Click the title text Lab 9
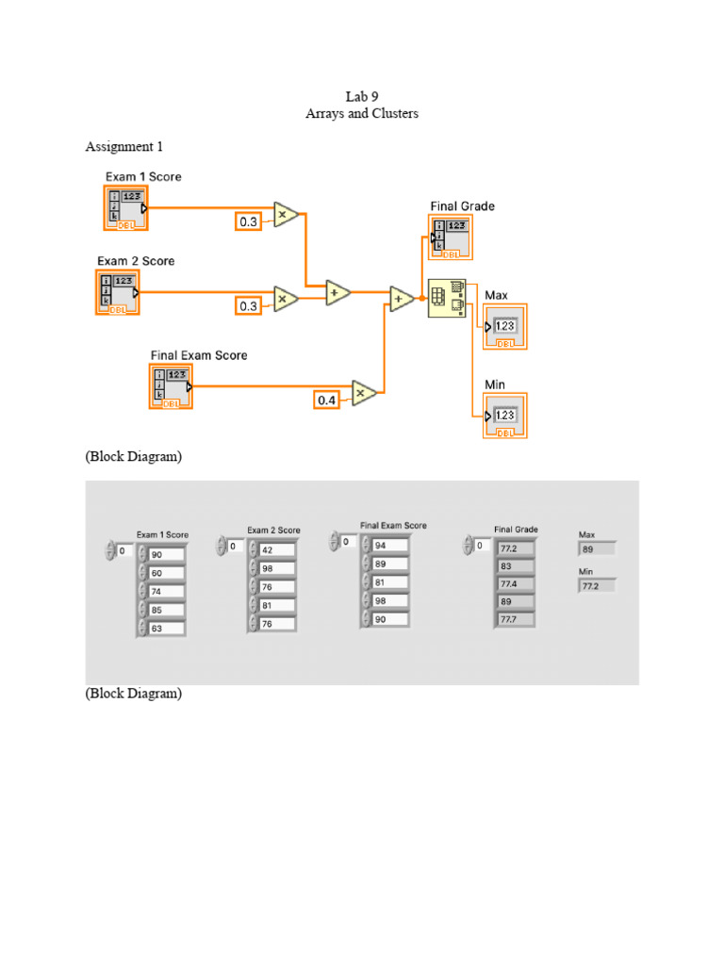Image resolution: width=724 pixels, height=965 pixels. tap(361, 96)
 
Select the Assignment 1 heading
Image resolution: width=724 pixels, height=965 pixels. tap(119, 146)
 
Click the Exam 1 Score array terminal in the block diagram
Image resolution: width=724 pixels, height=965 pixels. tap(125, 207)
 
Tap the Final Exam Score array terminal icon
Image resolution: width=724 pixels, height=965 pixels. tap(171, 387)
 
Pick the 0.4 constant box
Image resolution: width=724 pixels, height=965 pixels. tap(326, 401)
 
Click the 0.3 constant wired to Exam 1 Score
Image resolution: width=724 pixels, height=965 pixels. tap(248, 221)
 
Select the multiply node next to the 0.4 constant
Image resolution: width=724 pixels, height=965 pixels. tap(364, 393)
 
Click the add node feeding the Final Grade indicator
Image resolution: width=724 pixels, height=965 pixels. tap(402, 300)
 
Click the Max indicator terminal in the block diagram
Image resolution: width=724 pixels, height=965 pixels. tap(505, 327)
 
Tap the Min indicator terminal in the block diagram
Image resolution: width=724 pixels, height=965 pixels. tap(505, 416)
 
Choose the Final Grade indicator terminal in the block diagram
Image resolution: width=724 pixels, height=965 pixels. tap(451, 237)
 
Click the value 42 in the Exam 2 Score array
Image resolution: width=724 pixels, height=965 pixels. tap(277, 549)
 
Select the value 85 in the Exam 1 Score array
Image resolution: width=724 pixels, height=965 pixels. tap(167, 610)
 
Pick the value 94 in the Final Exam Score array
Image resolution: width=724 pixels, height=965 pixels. tap(389, 545)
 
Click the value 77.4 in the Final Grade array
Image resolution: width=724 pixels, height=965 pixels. tap(516, 583)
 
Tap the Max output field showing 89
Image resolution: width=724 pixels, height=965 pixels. tap(597, 548)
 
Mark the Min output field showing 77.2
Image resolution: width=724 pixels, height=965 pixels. tap(597, 585)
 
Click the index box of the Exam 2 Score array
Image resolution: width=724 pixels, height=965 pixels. tap(235, 545)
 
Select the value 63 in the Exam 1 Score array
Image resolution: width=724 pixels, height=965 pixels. tap(167, 629)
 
